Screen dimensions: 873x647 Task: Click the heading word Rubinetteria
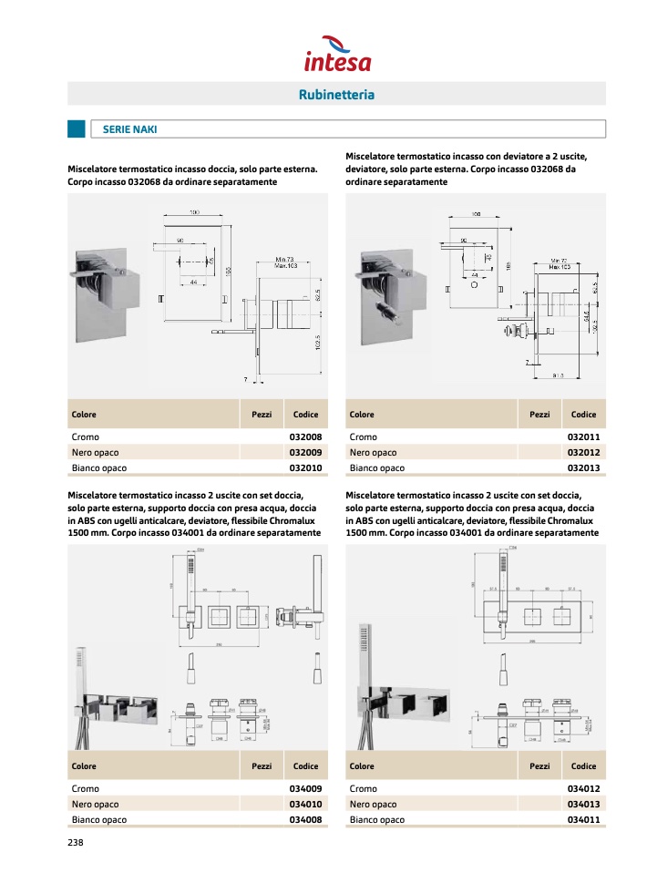click(336, 94)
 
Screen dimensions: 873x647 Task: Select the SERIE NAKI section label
click(130, 129)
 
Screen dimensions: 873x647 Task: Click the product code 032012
click(583, 453)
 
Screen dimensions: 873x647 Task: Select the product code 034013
click(583, 805)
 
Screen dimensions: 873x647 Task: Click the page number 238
click(76, 843)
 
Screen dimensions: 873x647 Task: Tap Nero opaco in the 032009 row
click(95, 453)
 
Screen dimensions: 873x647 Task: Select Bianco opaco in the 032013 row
click(376, 467)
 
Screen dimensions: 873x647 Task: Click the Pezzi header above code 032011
click(539, 415)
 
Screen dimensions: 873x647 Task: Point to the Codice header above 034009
click(305, 766)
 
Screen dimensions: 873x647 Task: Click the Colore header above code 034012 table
click(362, 766)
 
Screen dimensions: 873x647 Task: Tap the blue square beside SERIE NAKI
click(77, 129)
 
